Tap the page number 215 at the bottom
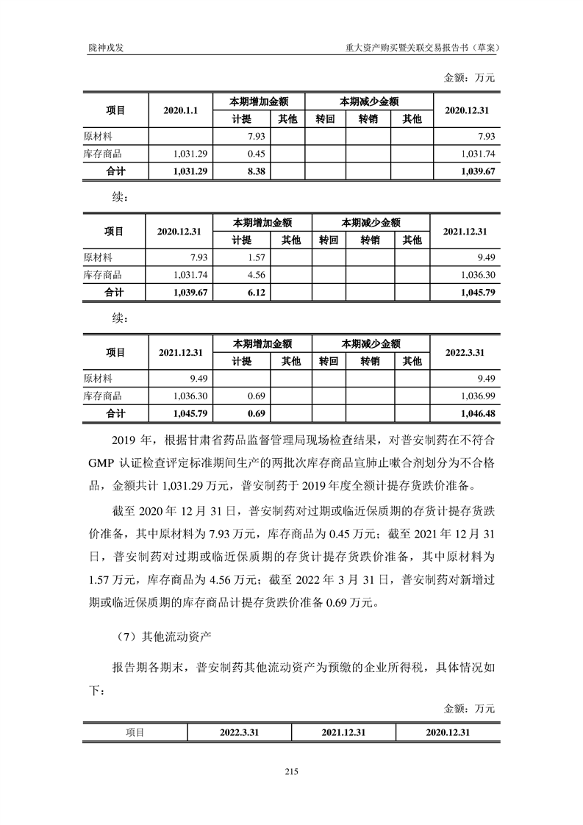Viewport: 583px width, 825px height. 290,771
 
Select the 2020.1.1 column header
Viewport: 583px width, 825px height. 181,110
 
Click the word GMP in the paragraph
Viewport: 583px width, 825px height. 98,465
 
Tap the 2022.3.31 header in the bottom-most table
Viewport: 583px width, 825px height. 240,732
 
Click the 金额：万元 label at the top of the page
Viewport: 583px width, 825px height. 470,77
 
